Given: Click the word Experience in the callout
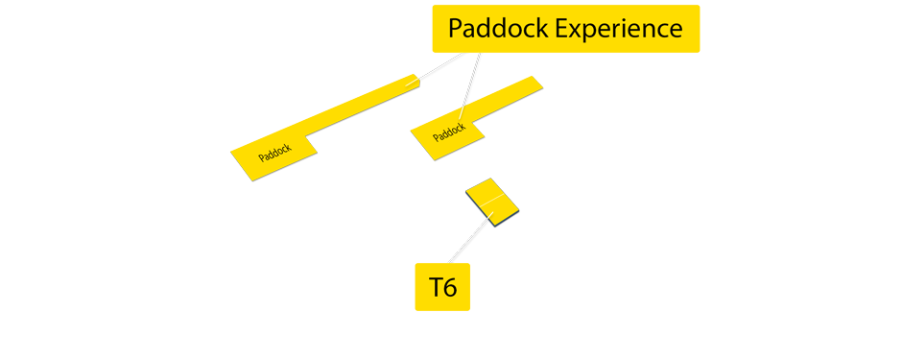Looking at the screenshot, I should pyautogui.click(x=619, y=29).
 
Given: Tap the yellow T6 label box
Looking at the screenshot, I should pyautogui.click(x=442, y=286).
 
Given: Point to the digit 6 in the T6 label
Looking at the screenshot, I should pyautogui.click(x=450, y=286).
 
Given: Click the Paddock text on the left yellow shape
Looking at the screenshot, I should pyautogui.click(x=274, y=153).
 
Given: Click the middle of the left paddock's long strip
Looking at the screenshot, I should pyautogui.click(x=360, y=106).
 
